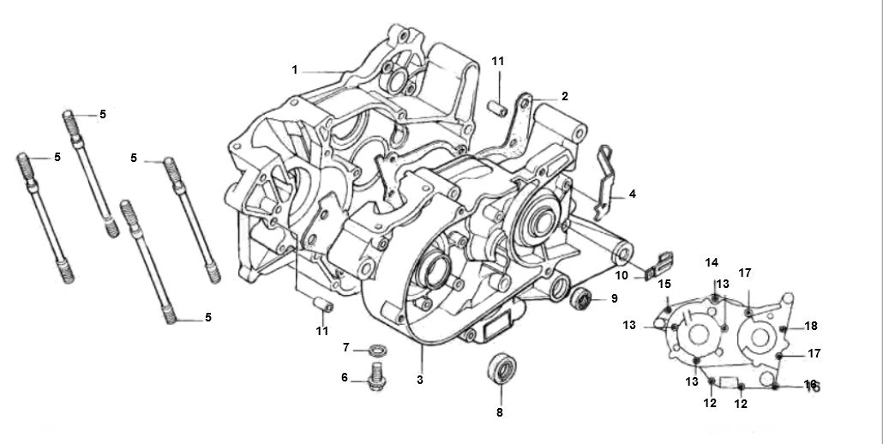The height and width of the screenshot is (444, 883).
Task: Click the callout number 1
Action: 295,69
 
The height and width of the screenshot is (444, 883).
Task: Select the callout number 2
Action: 565,96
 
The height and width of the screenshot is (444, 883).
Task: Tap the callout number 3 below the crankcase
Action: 420,379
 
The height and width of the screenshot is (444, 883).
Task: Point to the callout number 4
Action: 633,195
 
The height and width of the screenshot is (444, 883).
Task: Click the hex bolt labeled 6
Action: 375,378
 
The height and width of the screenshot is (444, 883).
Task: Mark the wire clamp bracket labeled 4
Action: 607,182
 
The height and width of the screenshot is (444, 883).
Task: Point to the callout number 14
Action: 712,262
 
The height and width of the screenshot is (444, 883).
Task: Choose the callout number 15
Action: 664,284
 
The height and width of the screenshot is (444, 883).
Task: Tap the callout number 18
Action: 812,326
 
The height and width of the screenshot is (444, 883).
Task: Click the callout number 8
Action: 500,412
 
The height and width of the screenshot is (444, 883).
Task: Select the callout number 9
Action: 613,298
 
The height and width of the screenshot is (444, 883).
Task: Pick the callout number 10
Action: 622,276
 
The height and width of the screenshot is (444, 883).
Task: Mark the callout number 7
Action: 346,347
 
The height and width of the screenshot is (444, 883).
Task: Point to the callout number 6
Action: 345,377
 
